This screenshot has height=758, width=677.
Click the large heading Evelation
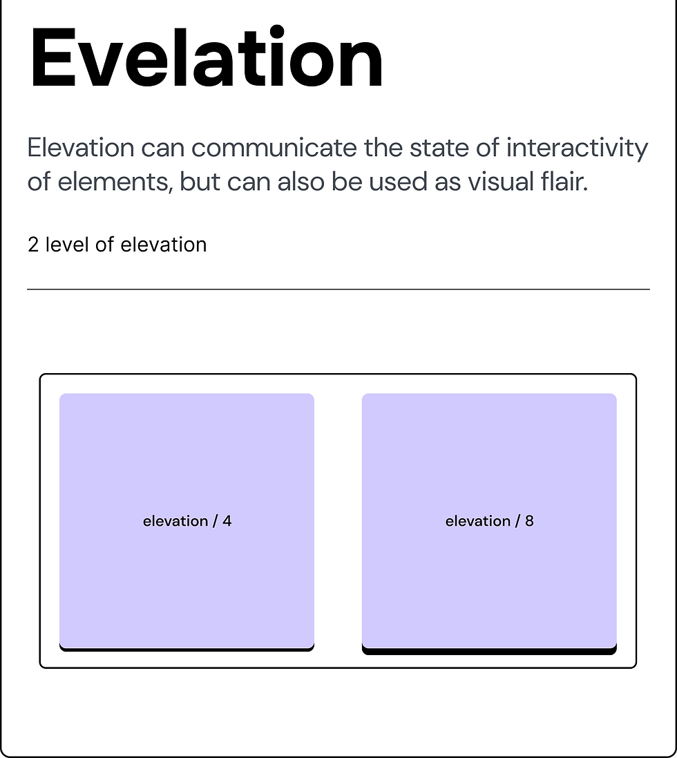pos(206,59)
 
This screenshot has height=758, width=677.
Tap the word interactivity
pos(578,148)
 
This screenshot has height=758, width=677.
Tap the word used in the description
pos(394,182)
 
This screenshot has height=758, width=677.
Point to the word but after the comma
pos(200,182)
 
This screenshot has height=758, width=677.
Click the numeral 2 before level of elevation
pos(33,245)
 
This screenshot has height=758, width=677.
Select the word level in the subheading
pos(68,245)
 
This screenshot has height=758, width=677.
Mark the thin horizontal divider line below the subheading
pos(338,289)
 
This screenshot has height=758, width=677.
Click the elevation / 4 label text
pos(187,521)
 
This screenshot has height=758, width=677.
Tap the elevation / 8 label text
pos(489,521)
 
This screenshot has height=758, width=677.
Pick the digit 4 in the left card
pos(227,521)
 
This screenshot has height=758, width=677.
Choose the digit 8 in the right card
pos(529,521)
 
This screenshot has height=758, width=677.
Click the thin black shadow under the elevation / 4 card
pos(187,649)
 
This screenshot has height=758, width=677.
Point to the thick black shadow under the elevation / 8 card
pos(489,651)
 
